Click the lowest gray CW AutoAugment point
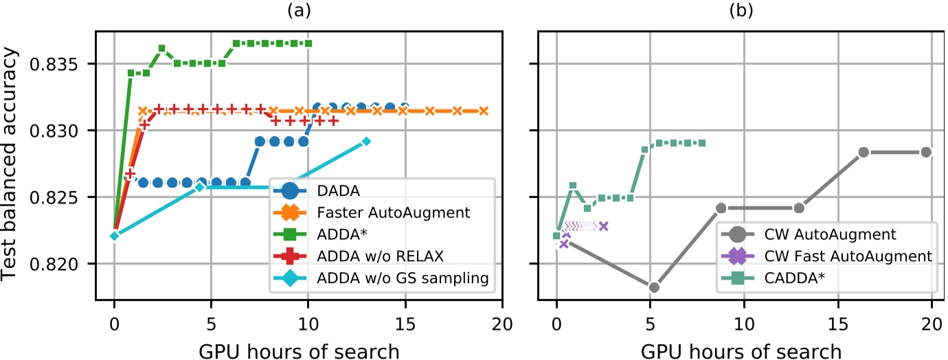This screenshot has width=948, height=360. click(x=654, y=287)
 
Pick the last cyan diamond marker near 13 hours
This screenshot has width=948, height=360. click(x=366, y=142)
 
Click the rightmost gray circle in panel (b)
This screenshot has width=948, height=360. click(x=926, y=152)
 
